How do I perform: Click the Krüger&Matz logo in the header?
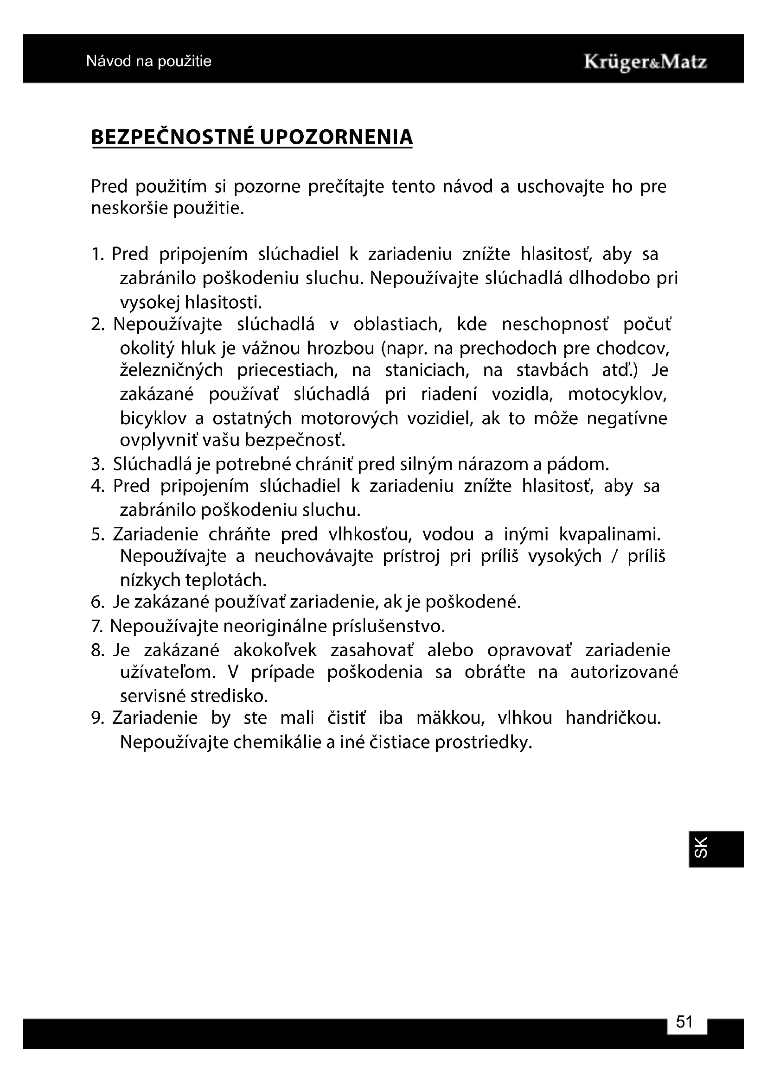coord(645,62)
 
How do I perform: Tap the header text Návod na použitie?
coord(149,61)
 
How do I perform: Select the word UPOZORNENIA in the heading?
coord(336,137)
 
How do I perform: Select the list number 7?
coord(97,627)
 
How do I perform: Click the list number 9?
coord(97,718)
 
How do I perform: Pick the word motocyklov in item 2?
coord(617,394)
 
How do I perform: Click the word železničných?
coord(172,370)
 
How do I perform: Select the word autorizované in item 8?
coord(624,672)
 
